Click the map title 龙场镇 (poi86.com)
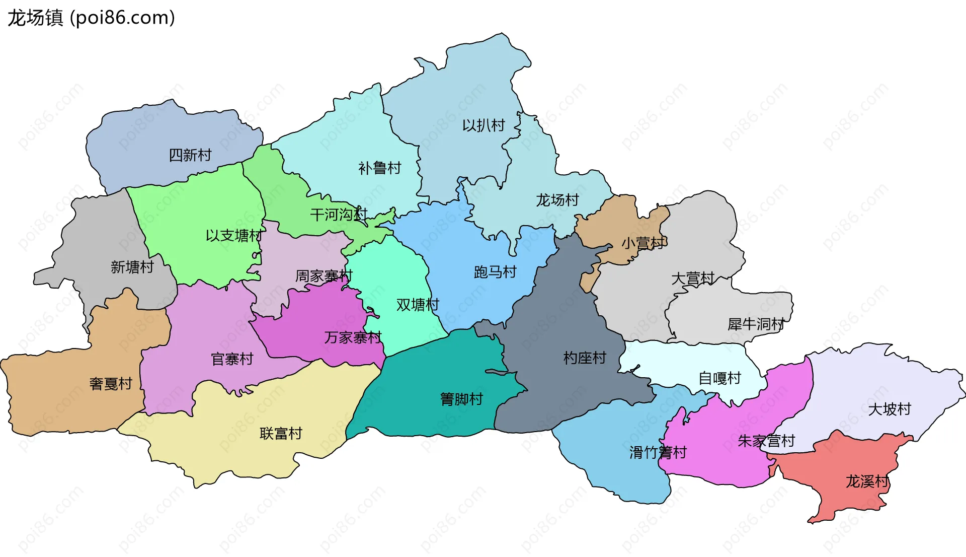coord(91,18)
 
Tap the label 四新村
coord(190,155)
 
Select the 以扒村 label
coord(484,125)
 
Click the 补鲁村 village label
coord(379,168)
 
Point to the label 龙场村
coord(557,200)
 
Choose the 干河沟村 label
coord(339,215)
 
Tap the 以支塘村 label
coord(233,235)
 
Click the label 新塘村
coord(132,267)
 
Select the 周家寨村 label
coord(324,276)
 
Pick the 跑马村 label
coord(495,272)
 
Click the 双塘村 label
coord(418,305)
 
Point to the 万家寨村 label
coord(353,337)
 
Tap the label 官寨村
coord(232,359)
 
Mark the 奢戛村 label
coord(111,384)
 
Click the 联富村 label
coord(281,434)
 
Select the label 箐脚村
coord(461,399)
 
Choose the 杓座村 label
coord(585,358)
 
